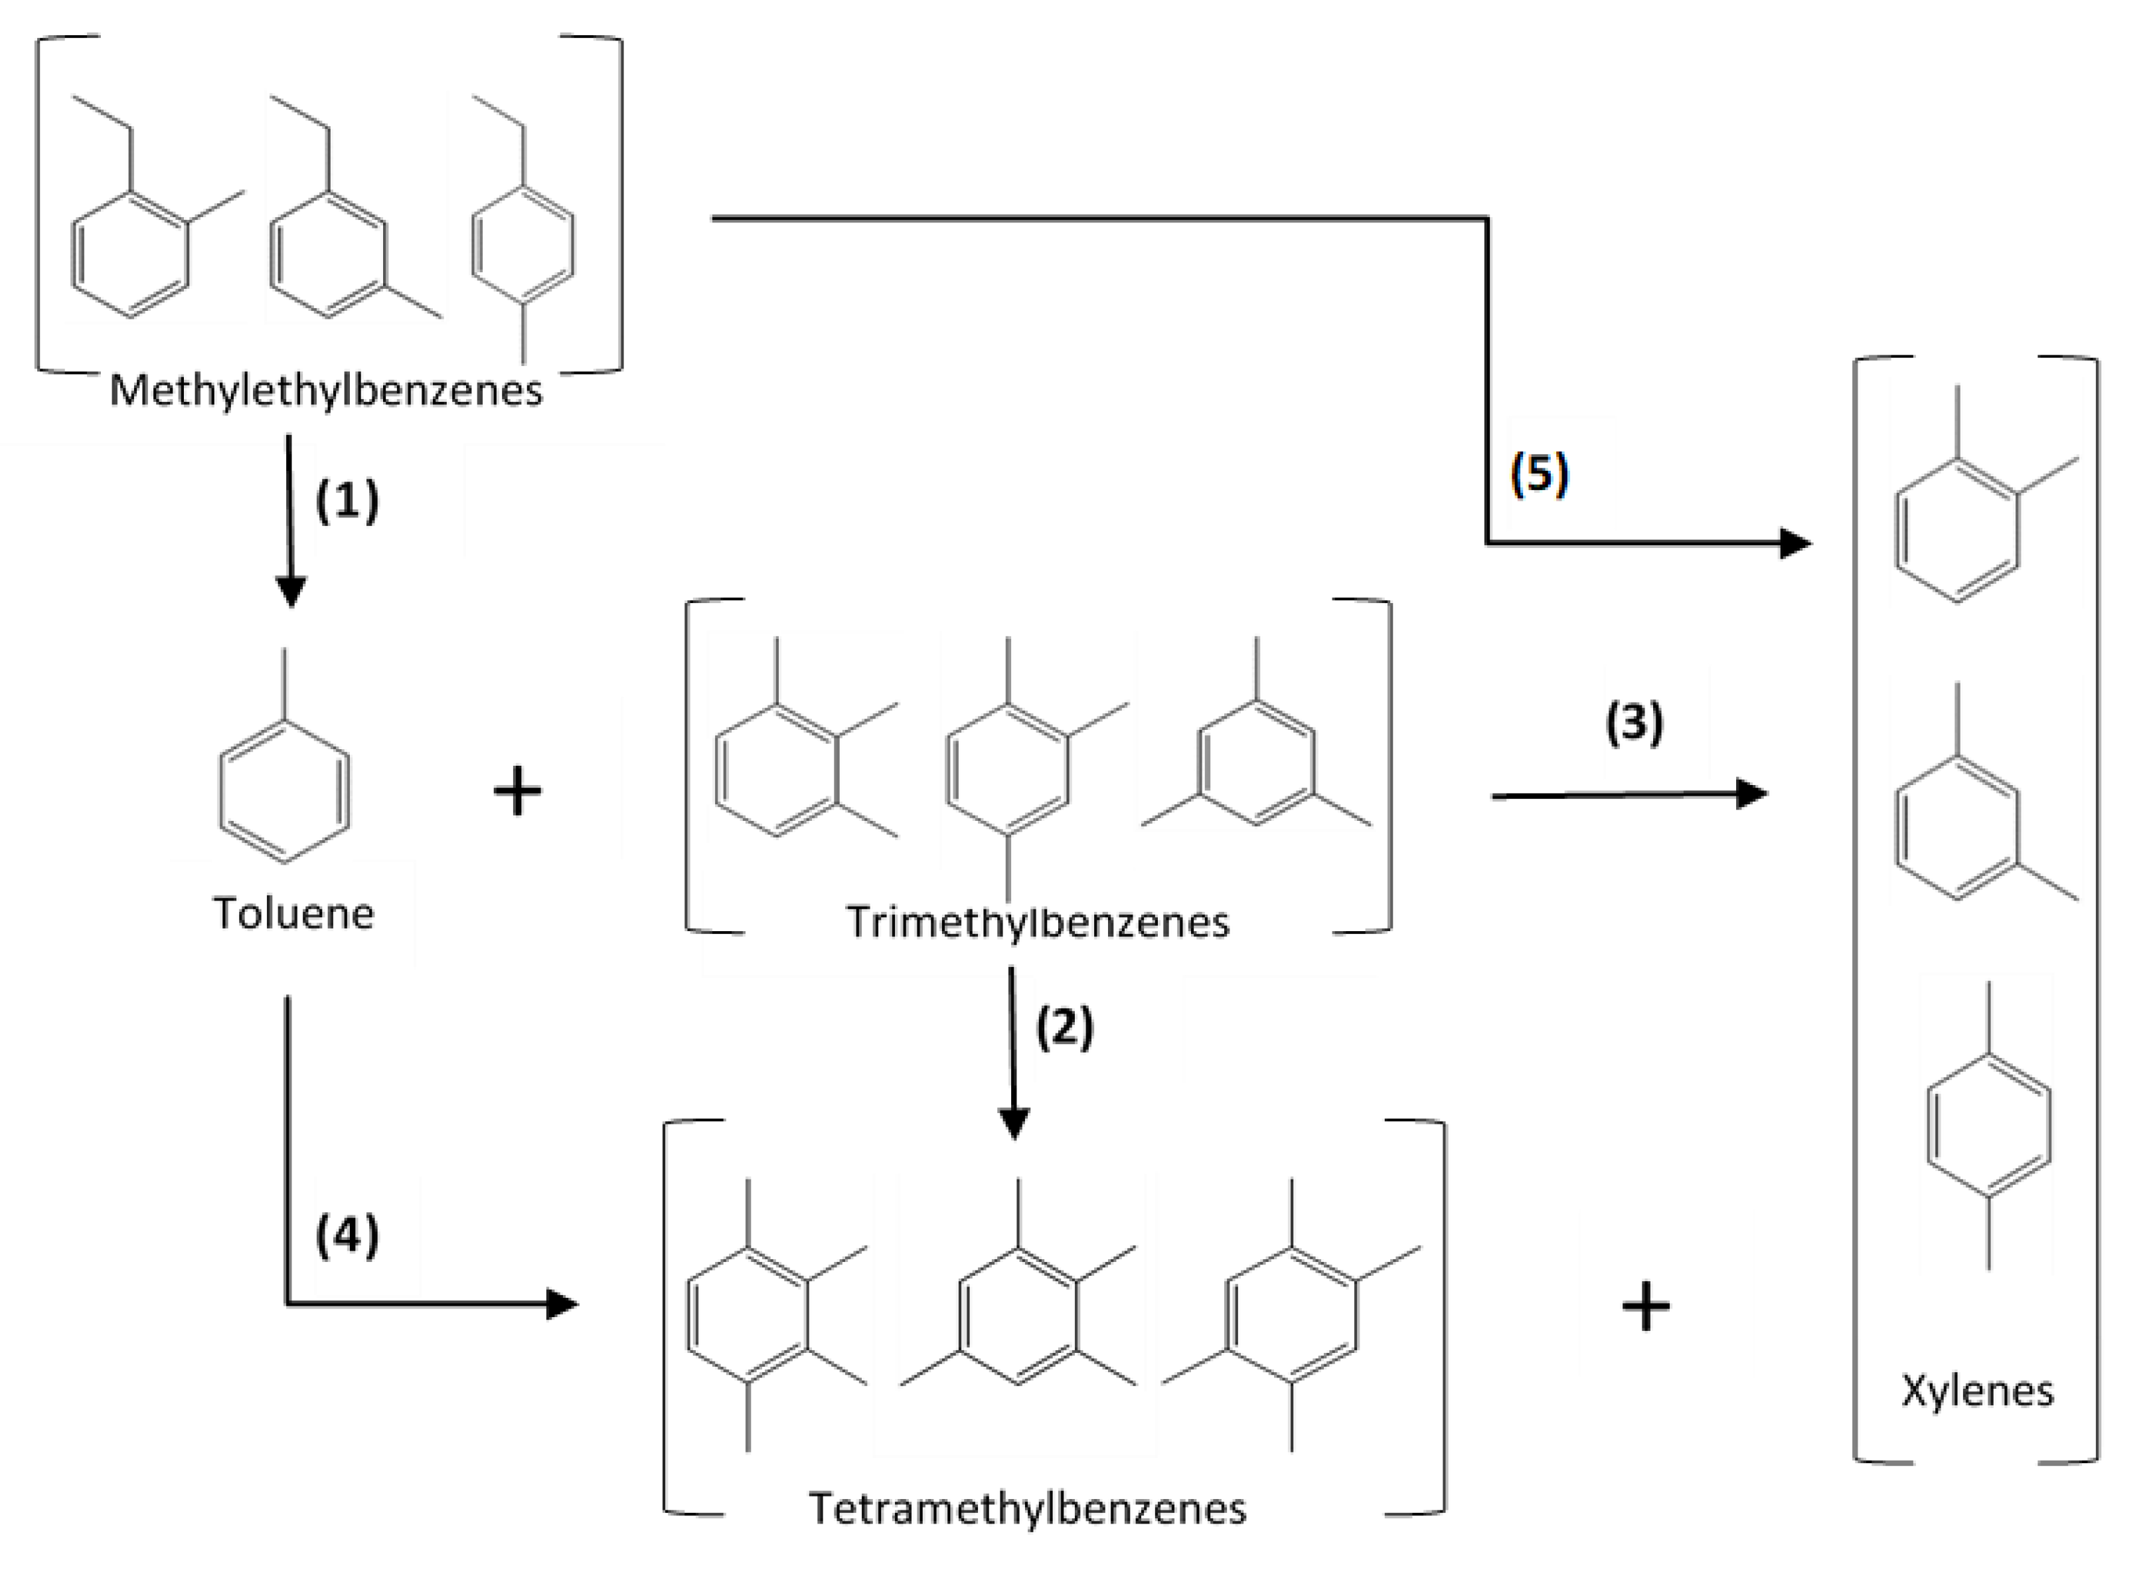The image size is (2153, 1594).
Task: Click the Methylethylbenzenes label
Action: coord(326,391)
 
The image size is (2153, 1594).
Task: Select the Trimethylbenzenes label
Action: coord(1038,923)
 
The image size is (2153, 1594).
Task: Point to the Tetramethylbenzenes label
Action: coord(1027,1508)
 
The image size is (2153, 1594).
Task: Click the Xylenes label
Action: coord(1978,1390)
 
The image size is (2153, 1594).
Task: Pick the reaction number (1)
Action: coord(347,501)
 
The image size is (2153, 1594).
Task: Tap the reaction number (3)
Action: coord(1634,722)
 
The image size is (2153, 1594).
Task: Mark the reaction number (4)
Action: coord(347,1236)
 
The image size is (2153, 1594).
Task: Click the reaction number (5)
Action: coord(1540,474)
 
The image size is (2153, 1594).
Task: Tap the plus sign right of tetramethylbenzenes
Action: coord(1646,1308)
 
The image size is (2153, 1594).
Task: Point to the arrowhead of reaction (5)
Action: coord(1794,543)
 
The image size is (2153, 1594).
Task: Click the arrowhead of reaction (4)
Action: coord(562,1304)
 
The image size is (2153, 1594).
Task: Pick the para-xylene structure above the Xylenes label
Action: coord(1988,1125)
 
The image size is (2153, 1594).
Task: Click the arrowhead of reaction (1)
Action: coord(290,590)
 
